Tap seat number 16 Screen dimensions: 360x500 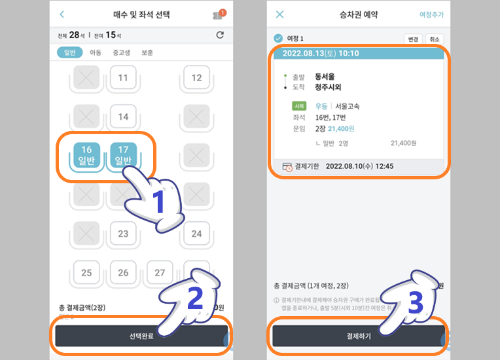click(x=86, y=155)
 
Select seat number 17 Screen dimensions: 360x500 click(x=122, y=155)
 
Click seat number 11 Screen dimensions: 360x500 click(x=123, y=79)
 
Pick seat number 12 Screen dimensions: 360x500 click(x=196, y=79)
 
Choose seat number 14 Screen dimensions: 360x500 click(x=123, y=117)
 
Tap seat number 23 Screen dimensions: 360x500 click(x=123, y=234)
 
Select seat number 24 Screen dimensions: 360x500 click(x=196, y=234)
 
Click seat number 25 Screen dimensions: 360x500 click(x=86, y=272)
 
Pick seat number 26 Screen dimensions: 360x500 click(x=123, y=272)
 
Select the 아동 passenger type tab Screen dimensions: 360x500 click(x=95, y=53)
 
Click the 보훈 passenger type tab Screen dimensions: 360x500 click(x=147, y=53)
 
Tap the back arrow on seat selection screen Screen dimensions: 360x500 click(x=62, y=14)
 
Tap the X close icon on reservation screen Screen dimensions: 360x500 click(x=280, y=14)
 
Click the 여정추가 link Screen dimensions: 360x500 click(x=431, y=14)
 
